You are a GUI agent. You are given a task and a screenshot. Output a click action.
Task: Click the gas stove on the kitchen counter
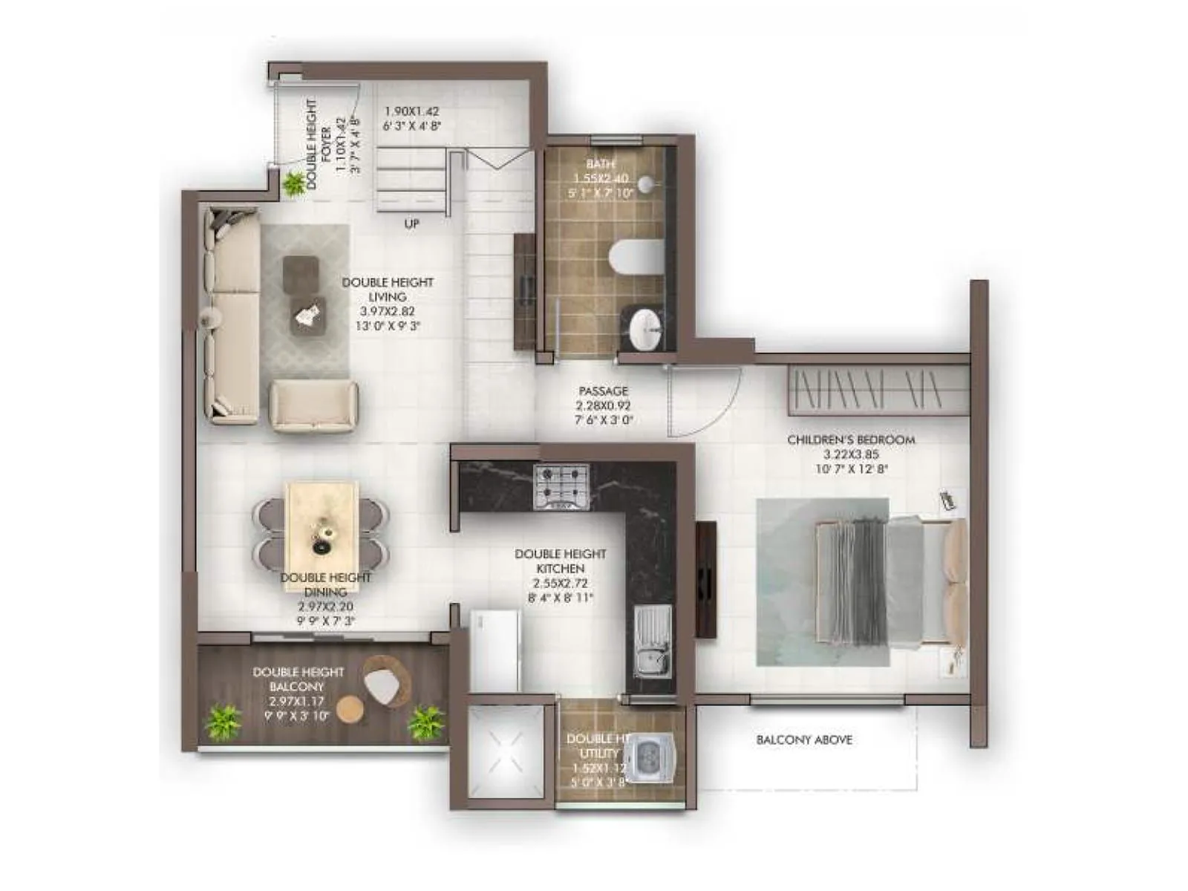[x=561, y=486]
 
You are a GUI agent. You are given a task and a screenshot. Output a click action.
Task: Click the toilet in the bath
[x=636, y=257]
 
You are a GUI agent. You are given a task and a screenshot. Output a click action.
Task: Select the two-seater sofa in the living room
[x=313, y=405]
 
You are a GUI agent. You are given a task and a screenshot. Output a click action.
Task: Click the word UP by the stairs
[x=411, y=223]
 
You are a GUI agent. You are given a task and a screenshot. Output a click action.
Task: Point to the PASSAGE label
[x=603, y=391]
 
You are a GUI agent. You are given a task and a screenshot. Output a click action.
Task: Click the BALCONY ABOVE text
[x=804, y=740]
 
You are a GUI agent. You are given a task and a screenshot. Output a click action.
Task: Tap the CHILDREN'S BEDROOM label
[x=851, y=440]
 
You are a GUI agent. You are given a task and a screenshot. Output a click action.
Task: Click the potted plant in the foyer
[x=293, y=182]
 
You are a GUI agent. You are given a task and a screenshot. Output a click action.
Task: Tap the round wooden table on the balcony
[x=350, y=710]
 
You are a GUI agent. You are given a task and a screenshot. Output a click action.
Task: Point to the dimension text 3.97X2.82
[x=388, y=311]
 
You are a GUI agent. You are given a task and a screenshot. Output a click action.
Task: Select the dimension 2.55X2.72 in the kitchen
[x=561, y=583]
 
